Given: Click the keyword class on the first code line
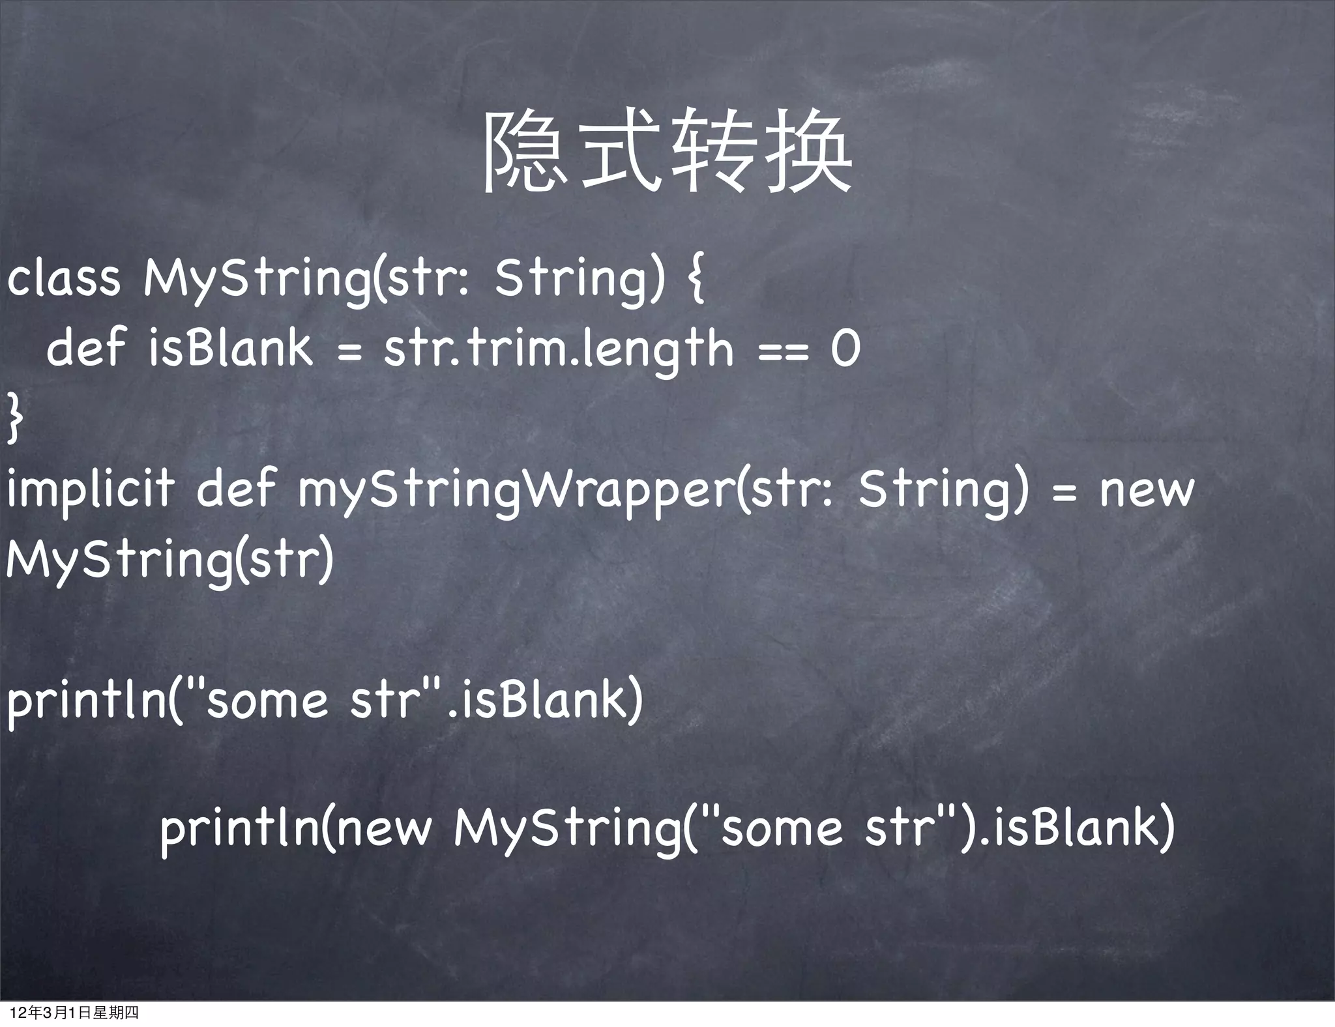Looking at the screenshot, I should pos(63,278).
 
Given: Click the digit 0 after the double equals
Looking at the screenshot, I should pos(845,349).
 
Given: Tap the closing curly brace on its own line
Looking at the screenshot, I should pos(14,420).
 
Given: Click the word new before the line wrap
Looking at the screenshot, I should pos(1147,490).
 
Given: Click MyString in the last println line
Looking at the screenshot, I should pos(567,829).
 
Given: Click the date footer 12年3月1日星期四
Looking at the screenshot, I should pos(74,1013).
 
